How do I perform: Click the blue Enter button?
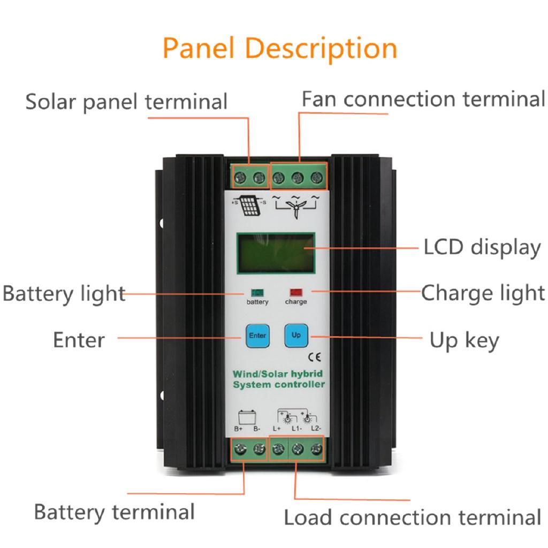pos(257,336)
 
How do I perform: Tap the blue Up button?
pos(296,336)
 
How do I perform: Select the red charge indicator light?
pos(296,293)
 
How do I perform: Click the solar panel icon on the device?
pos(247,205)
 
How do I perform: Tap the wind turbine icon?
pos(296,206)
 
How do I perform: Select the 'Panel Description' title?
pos(280,48)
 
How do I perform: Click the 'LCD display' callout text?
pos(482,248)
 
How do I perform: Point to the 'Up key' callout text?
pos(464,340)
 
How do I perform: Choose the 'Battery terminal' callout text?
pos(114,512)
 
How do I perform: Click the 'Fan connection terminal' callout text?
pos(423,100)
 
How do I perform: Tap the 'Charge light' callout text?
pos(483,293)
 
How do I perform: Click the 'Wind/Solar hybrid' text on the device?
pos(278,374)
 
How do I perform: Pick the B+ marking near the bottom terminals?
pos(239,429)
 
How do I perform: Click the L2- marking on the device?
pos(316,429)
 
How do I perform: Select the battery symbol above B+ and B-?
pos(247,416)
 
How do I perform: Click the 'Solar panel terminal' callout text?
pos(126,101)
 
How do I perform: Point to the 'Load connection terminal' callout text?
pos(413,517)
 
